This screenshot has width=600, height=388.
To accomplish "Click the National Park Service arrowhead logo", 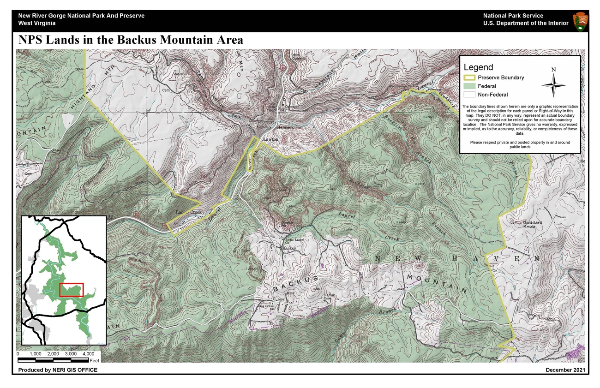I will tap(580, 21).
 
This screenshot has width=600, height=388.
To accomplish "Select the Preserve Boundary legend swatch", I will tap(469, 78).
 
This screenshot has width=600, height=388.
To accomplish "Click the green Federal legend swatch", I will tap(469, 86).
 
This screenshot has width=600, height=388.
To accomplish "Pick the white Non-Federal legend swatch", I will tap(469, 95).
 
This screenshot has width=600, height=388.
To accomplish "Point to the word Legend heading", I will tap(478, 67).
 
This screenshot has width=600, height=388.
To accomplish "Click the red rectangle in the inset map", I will tap(71, 289).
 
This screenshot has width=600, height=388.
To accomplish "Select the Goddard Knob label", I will tap(532, 224).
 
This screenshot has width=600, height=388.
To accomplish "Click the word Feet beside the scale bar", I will tap(95, 360).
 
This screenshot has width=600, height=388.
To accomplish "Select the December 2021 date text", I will tap(565, 370).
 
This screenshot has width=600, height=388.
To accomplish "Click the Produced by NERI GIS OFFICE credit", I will tap(58, 370).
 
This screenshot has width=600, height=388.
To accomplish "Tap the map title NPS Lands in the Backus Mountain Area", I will tap(131, 40).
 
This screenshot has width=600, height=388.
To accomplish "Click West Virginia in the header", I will tap(37, 23).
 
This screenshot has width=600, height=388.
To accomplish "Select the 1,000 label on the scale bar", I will tap(36, 353).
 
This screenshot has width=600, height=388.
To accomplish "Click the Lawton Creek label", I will tap(189, 212).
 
